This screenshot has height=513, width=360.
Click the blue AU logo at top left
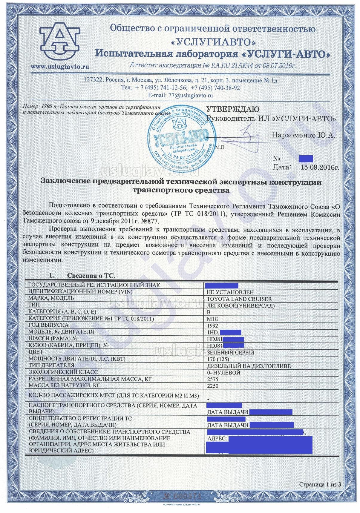[60, 39]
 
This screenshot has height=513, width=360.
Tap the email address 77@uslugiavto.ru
[180, 96]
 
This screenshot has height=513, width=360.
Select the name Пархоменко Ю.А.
[303, 135]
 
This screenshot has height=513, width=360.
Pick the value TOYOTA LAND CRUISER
[239, 299]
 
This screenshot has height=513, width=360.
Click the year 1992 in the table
[212, 325]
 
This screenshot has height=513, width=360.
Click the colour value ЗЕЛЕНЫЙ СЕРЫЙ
[230, 352]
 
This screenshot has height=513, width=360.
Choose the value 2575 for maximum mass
[212, 379]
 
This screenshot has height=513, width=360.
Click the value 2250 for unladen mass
[212, 386]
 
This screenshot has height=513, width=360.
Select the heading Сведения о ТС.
[91, 275]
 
